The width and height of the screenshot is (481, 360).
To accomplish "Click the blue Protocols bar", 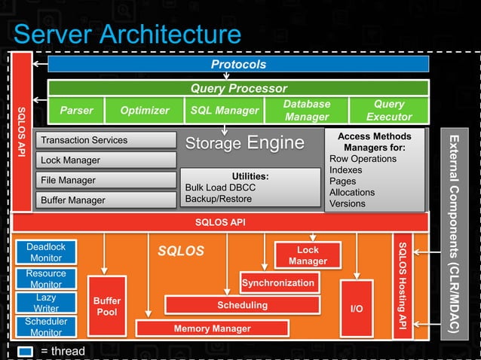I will pos(238,65).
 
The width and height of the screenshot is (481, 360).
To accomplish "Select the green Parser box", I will pos(76,111).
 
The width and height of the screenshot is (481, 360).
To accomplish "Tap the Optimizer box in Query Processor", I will pos(145,111).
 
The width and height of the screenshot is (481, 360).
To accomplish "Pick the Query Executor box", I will pos(389,111).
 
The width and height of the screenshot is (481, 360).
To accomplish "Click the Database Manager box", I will pos(307,111).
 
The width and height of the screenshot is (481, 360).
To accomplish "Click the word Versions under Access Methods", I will pos(347,203).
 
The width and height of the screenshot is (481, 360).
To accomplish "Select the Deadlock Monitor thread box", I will pos(46,252).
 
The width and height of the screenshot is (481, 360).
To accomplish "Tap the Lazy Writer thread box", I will pos(46,303).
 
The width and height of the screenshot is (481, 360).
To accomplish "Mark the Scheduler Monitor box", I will pos(46,327).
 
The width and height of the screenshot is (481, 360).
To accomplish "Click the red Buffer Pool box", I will pos(107,307).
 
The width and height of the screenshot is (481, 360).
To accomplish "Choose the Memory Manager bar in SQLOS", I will pos(212,328).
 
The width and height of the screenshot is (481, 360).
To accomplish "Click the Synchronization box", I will pos(278,283).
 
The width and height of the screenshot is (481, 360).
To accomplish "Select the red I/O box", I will pos(357,308).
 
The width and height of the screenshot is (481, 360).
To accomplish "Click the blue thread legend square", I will pos(25,351).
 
